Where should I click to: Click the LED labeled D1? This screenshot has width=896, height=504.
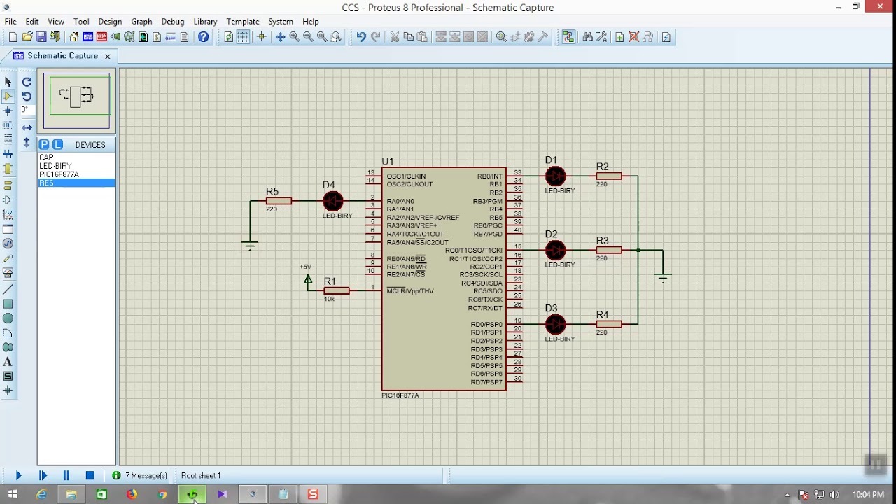tap(555, 176)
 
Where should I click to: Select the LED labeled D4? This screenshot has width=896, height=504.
tap(333, 201)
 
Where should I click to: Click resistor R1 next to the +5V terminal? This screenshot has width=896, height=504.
tap(337, 290)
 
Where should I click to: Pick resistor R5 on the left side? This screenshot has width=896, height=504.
tap(279, 201)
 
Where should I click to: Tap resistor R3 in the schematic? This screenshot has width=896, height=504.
tap(608, 250)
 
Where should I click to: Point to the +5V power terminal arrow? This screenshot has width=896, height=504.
tap(308, 279)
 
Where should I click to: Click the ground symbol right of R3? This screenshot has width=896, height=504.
tap(662, 277)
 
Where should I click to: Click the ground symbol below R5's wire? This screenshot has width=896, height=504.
tap(250, 245)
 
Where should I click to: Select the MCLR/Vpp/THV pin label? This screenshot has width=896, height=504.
tap(410, 291)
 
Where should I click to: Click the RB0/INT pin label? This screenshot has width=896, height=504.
tap(490, 176)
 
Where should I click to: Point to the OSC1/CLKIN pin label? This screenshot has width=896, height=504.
tap(406, 176)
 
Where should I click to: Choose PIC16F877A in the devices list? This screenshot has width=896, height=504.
tap(59, 174)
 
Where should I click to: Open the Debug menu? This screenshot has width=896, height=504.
tap(172, 22)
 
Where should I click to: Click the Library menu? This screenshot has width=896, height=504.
tap(205, 22)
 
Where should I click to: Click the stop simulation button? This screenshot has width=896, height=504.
tap(90, 475)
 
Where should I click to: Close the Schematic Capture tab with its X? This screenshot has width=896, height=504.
tap(107, 56)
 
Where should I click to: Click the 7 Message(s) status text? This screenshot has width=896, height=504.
tap(146, 476)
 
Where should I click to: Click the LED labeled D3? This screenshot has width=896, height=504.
tap(555, 324)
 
